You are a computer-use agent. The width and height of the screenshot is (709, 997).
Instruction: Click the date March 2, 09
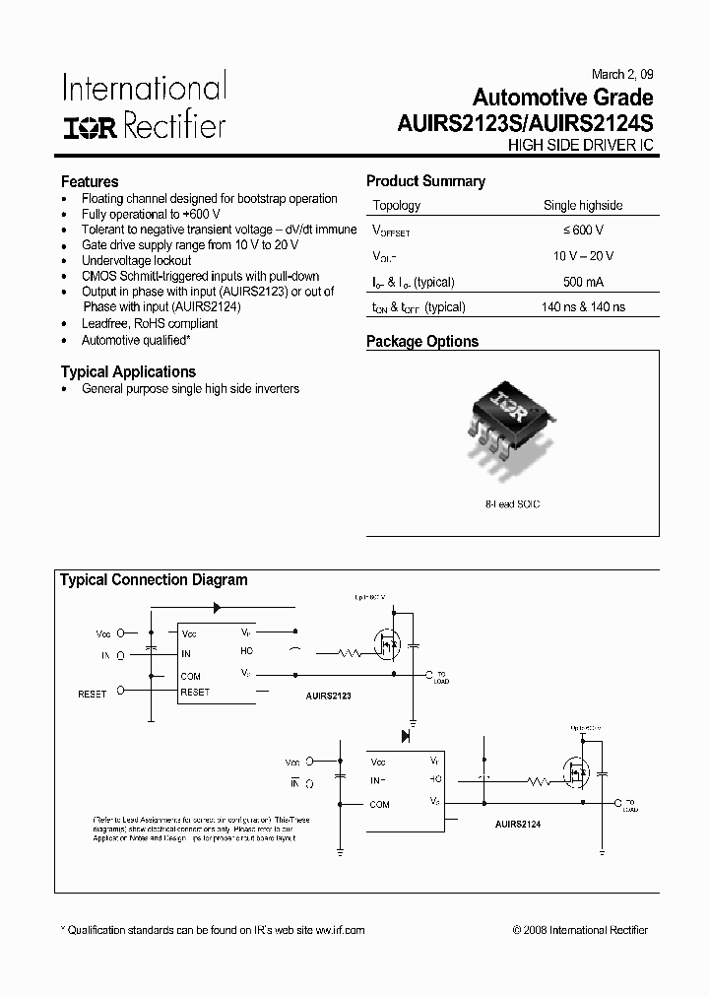point(621,75)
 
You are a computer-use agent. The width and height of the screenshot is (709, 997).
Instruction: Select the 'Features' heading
point(90,181)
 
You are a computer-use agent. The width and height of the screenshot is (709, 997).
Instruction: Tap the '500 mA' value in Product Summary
point(584,282)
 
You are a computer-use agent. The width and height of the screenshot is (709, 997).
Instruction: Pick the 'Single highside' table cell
point(583,206)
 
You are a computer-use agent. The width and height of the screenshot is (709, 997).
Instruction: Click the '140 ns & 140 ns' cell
point(583,307)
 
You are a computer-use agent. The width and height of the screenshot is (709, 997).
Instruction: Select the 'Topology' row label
point(397,206)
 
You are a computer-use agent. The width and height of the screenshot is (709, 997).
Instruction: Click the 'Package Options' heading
point(422,342)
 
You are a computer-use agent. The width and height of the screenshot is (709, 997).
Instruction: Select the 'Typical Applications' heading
point(128,371)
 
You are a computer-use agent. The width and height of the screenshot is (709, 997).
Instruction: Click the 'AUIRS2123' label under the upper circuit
point(329,696)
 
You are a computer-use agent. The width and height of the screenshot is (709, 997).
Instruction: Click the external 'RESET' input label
point(92,694)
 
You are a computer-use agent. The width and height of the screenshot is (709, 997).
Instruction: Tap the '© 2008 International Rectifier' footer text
point(580,930)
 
